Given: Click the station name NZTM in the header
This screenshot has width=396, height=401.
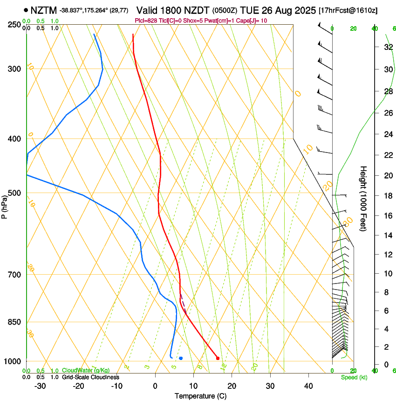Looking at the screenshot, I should point(43,10).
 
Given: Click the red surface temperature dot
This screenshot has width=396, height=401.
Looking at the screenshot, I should point(218,358).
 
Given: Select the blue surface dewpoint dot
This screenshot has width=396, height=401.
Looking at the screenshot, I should point(181,358).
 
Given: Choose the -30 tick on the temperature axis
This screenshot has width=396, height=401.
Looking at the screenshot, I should point(40,386).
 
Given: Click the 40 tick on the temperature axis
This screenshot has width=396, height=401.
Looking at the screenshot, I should point(308,386).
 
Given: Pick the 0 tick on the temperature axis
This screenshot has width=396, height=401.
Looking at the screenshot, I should point(155,386).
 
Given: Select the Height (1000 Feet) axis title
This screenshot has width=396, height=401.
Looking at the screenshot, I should point(364,199).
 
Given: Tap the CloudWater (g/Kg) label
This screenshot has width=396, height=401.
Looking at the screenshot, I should point(86,371).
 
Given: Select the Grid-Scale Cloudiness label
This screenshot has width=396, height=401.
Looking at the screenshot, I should point(90,377).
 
